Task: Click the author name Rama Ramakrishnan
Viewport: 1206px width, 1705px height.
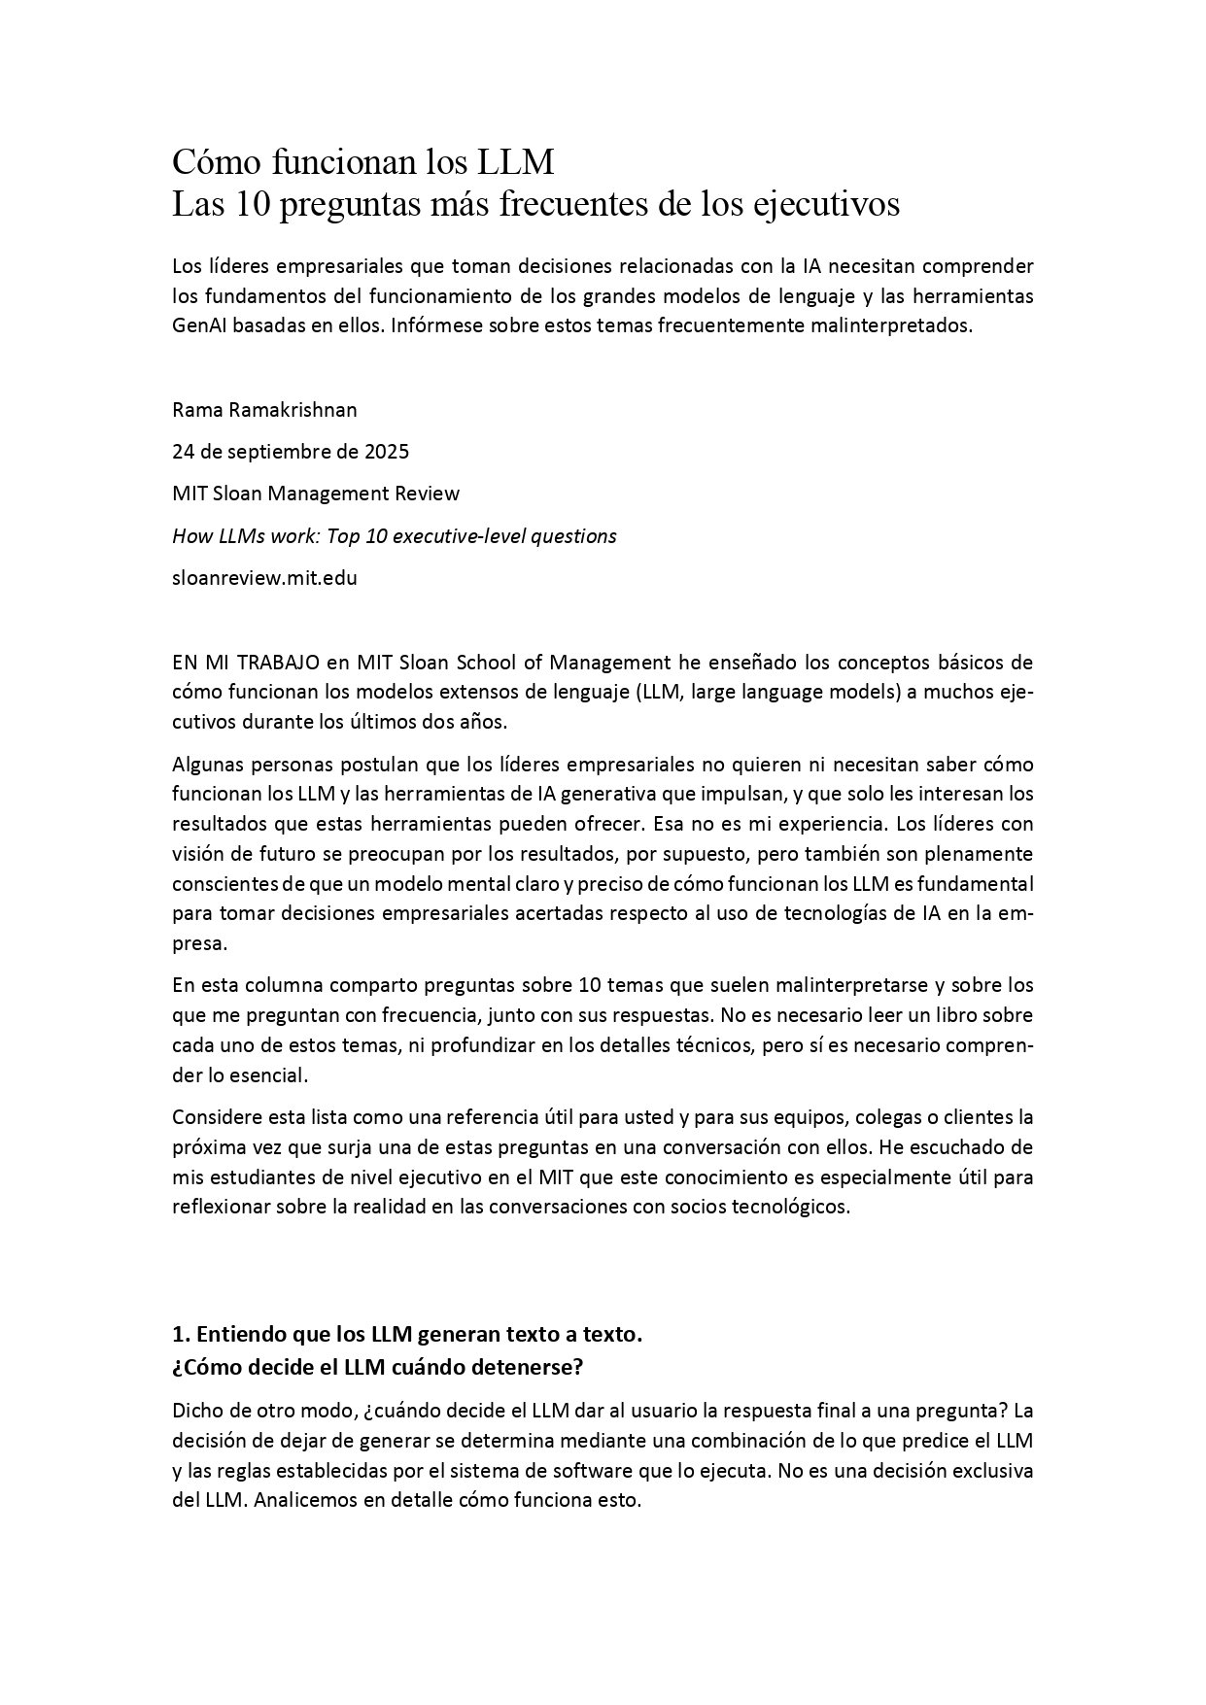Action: (x=264, y=409)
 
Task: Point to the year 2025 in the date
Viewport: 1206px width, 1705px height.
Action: (x=387, y=451)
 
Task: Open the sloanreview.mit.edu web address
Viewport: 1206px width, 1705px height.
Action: (x=264, y=577)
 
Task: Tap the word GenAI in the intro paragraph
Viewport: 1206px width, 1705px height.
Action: (x=200, y=325)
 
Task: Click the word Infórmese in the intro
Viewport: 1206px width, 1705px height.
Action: (x=432, y=325)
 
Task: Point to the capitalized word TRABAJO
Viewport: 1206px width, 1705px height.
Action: (x=278, y=663)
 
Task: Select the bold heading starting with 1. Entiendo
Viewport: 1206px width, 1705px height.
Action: (x=407, y=1334)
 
